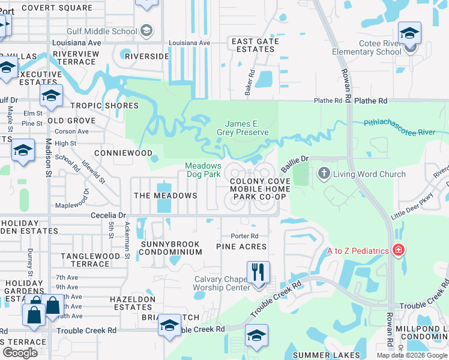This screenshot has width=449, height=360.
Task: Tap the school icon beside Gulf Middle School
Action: coord(146,31)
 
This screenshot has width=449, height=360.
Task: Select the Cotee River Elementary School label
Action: coord(367,47)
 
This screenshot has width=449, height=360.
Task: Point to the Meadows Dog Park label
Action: coord(203,170)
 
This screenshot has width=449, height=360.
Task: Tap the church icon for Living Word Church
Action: coord(324,174)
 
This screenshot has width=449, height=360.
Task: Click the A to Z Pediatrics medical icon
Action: coord(397,250)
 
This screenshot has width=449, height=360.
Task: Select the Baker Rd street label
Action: coord(248,83)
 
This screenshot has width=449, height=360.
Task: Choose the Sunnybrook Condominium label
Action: coord(170,248)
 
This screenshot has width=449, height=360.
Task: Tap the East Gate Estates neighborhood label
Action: coord(255,45)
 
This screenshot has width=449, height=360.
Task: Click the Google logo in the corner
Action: coord(20,353)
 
